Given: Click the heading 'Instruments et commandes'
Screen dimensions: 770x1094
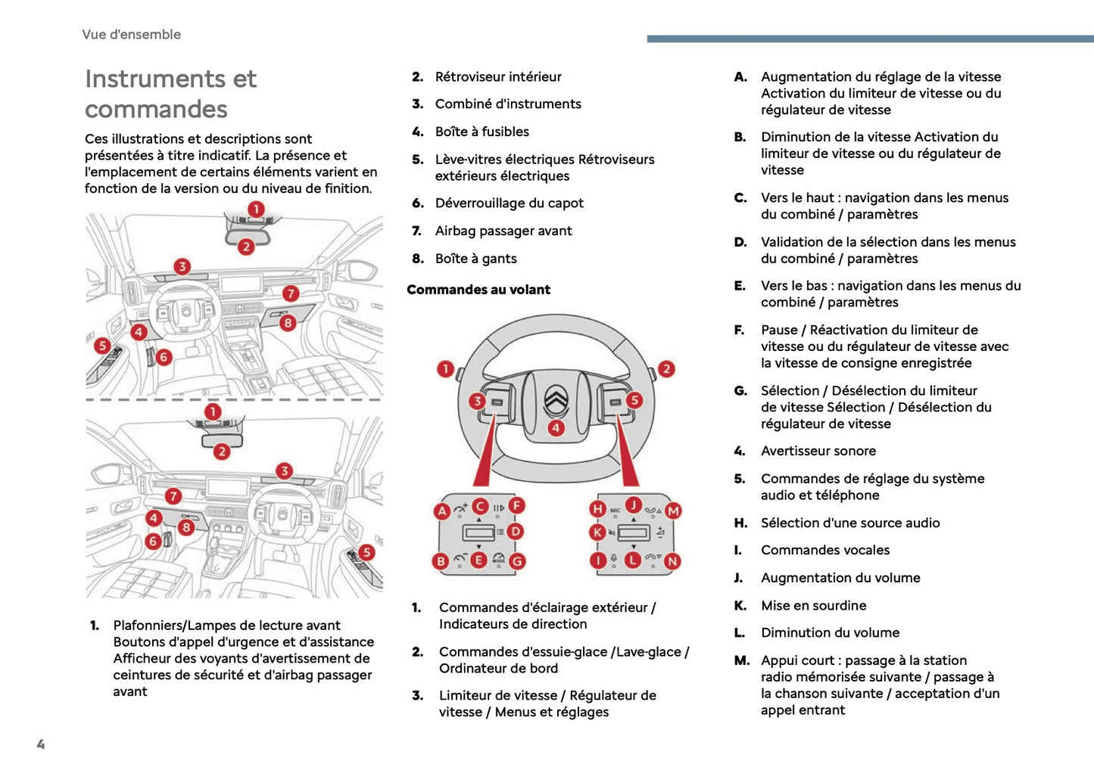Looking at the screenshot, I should tap(170, 94).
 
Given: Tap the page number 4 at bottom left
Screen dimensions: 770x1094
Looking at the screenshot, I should tap(41, 744).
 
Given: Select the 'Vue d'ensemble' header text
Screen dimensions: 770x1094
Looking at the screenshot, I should tap(131, 34).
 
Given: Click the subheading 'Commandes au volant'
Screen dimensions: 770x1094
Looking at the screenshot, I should tap(478, 290).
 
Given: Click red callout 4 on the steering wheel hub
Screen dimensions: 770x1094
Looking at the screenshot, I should tap(556, 428).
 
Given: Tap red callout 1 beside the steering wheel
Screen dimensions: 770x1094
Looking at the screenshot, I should tap(446, 369).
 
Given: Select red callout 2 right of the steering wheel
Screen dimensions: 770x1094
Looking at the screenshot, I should tap(666, 369).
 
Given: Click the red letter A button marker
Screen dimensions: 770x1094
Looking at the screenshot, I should tap(442, 511).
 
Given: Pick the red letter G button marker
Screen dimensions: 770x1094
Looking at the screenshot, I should tap(517, 561).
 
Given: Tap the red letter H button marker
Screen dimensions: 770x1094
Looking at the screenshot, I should tap(598, 509).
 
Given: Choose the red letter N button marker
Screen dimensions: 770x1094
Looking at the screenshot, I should tap(672, 561).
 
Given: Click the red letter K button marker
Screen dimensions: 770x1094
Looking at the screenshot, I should tap(598, 532).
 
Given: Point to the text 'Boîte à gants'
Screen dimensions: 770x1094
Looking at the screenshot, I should tap(475, 259).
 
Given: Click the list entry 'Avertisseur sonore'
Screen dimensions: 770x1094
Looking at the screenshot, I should tap(818, 451).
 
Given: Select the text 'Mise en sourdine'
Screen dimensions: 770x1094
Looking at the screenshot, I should tap(813, 605).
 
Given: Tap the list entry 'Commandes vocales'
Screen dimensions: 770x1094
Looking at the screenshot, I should tap(824, 550).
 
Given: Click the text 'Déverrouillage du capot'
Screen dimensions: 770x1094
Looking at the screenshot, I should tap(509, 203).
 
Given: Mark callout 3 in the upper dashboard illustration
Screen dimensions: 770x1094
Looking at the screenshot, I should tap(182, 266).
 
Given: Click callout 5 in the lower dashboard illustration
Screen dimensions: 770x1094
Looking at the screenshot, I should tap(366, 552).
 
